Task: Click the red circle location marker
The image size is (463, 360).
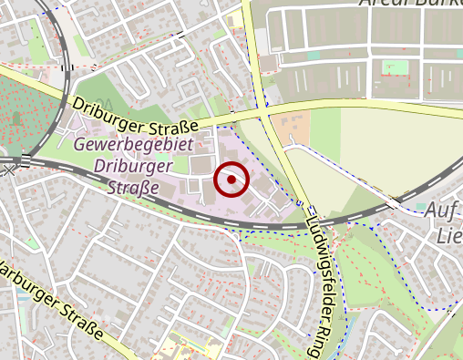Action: coord(231,180)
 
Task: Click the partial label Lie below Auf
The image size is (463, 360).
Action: coord(450,236)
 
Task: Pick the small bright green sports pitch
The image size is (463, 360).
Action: coord(395,67)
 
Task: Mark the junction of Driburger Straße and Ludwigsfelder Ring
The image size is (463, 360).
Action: coord(265,114)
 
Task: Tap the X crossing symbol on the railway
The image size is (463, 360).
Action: coord(9,170)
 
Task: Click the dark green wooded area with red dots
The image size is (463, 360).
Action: coord(22,113)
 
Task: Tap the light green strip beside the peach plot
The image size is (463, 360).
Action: coord(324,128)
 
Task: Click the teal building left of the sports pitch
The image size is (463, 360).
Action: coord(314,57)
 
